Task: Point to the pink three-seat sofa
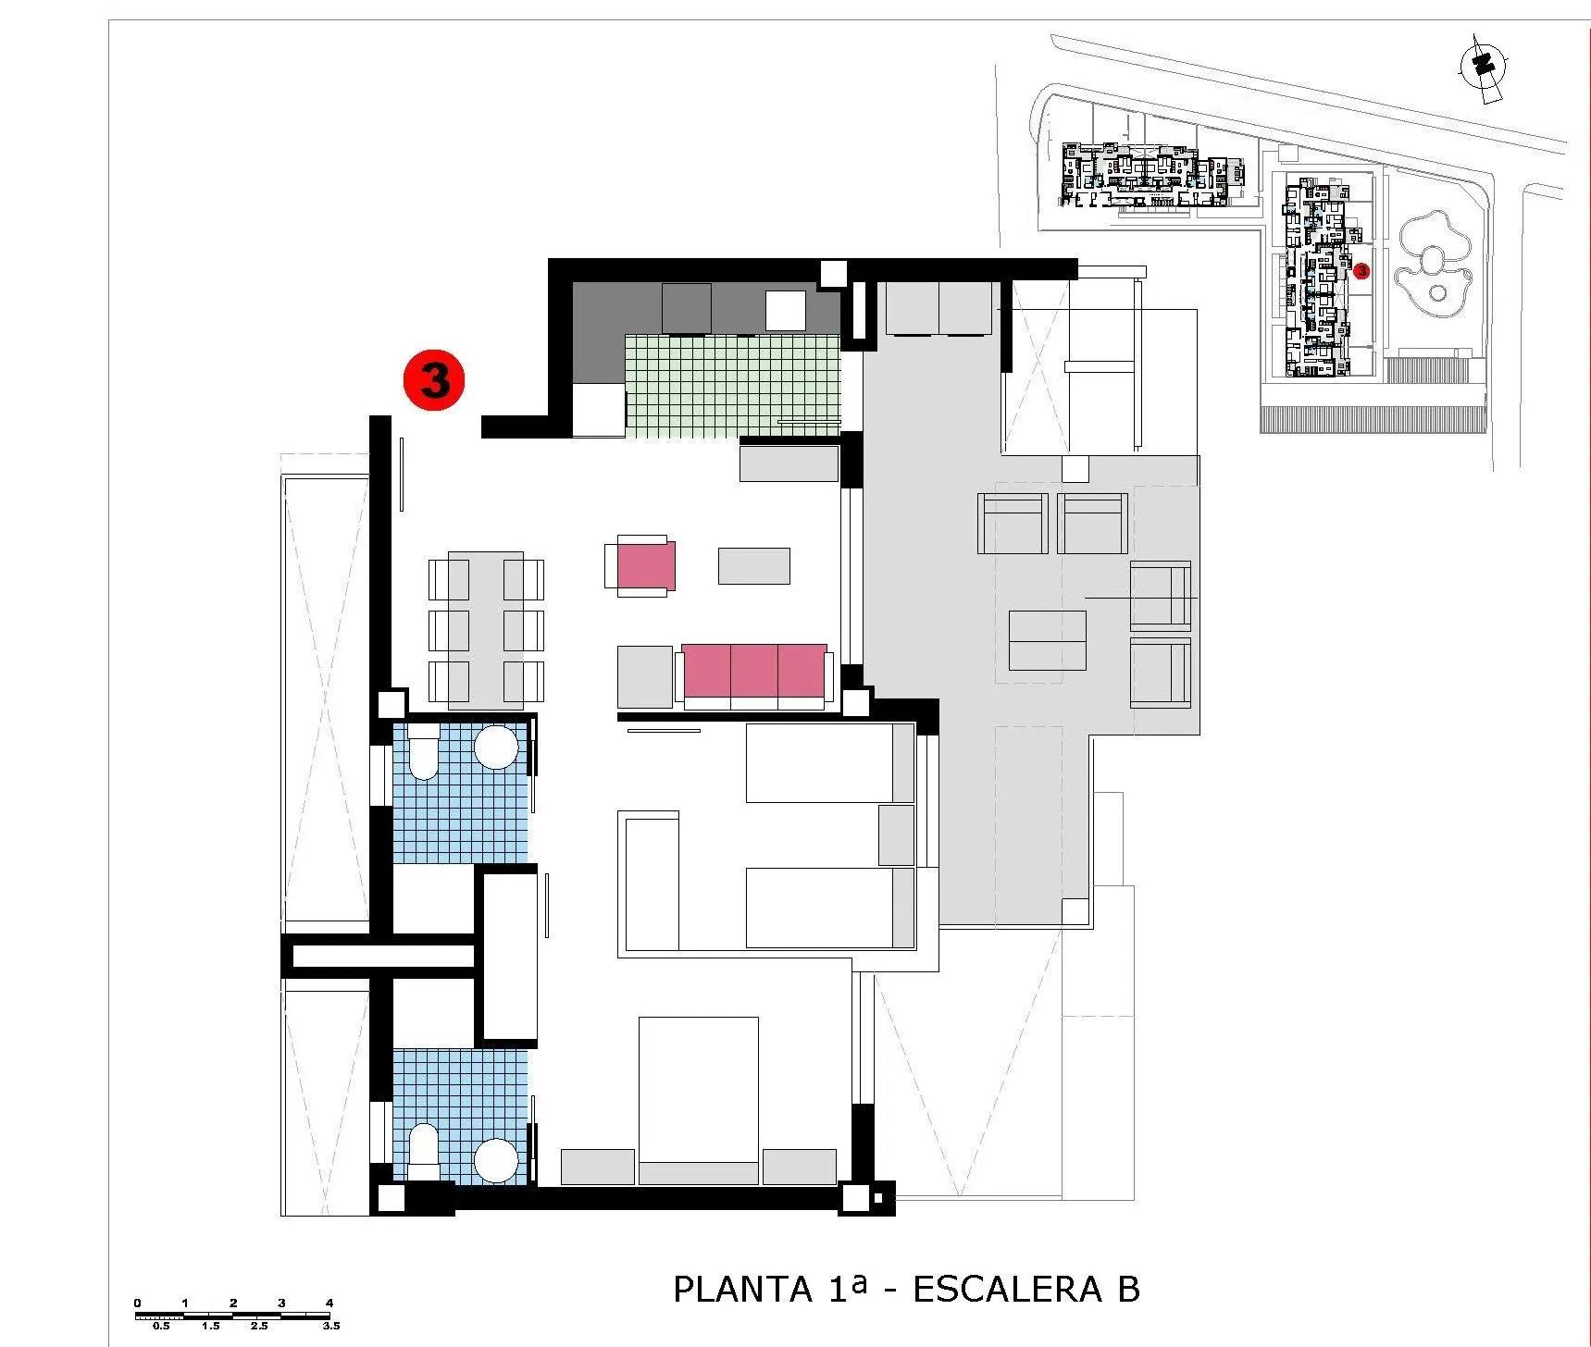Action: pyautogui.click(x=753, y=672)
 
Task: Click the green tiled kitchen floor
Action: pyautogui.click(x=731, y=384)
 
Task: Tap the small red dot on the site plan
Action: pyautogui.click(x=1361, y=271)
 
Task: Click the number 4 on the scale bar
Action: pyautogui.click(x=329, y=1303)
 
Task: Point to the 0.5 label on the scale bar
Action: pyautogui.click(x=161, y=1326)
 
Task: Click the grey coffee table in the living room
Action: pyautogui.click(x=754, y=566)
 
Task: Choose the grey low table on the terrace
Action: pyautogui.click(x=1047, y=640)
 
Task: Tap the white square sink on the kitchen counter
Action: pyautogui.click(x=785, y=311)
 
